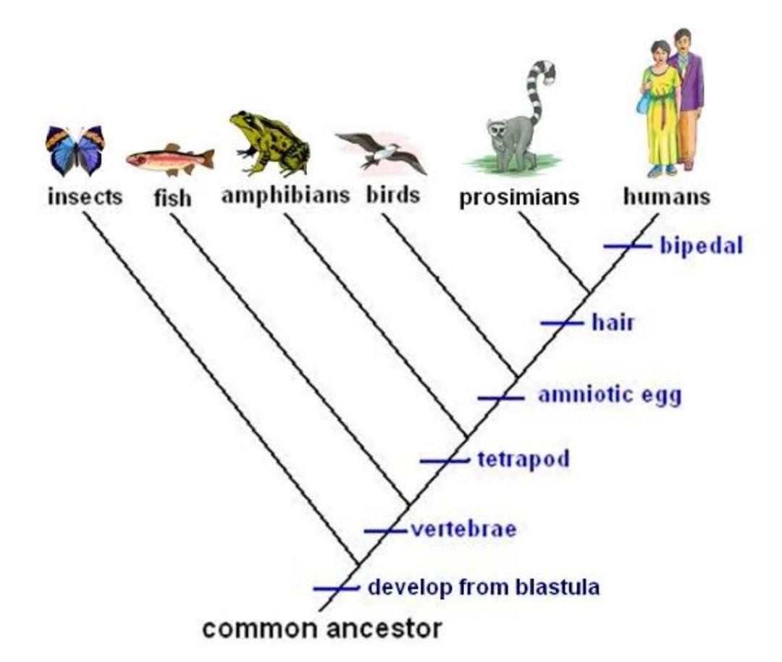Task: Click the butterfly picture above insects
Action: tap(75, 150)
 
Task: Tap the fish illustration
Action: tap(170, 158)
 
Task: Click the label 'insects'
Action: tap(85, 197)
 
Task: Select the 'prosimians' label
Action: tap(520, 198)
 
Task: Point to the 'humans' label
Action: tap(666, 197)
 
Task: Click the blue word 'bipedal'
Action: tap(702, 246)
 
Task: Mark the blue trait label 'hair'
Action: tap(613, 322)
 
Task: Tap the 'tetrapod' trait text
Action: tap(524, 459)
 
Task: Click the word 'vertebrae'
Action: tap(463, 529)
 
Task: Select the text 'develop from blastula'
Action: tap(484, 586)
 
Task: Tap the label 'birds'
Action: tap(393, 196)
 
